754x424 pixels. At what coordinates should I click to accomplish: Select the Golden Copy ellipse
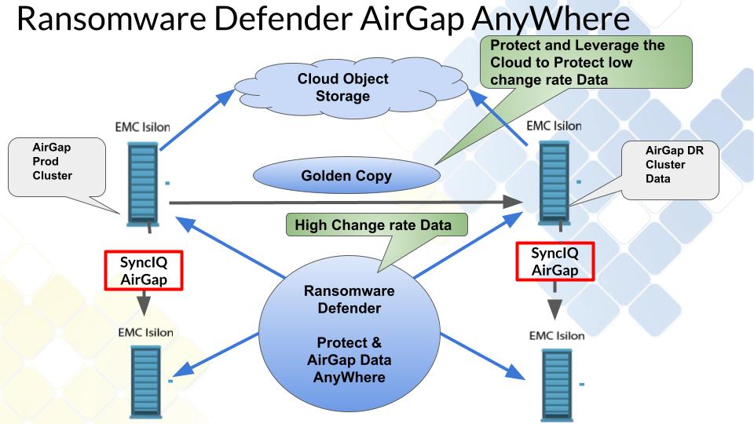tap(346, 176)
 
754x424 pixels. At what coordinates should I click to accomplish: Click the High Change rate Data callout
tap(373, 225)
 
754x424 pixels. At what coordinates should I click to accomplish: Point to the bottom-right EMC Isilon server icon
tap(556, 385)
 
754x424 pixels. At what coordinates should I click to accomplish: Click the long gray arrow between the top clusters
tap(346, 203)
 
